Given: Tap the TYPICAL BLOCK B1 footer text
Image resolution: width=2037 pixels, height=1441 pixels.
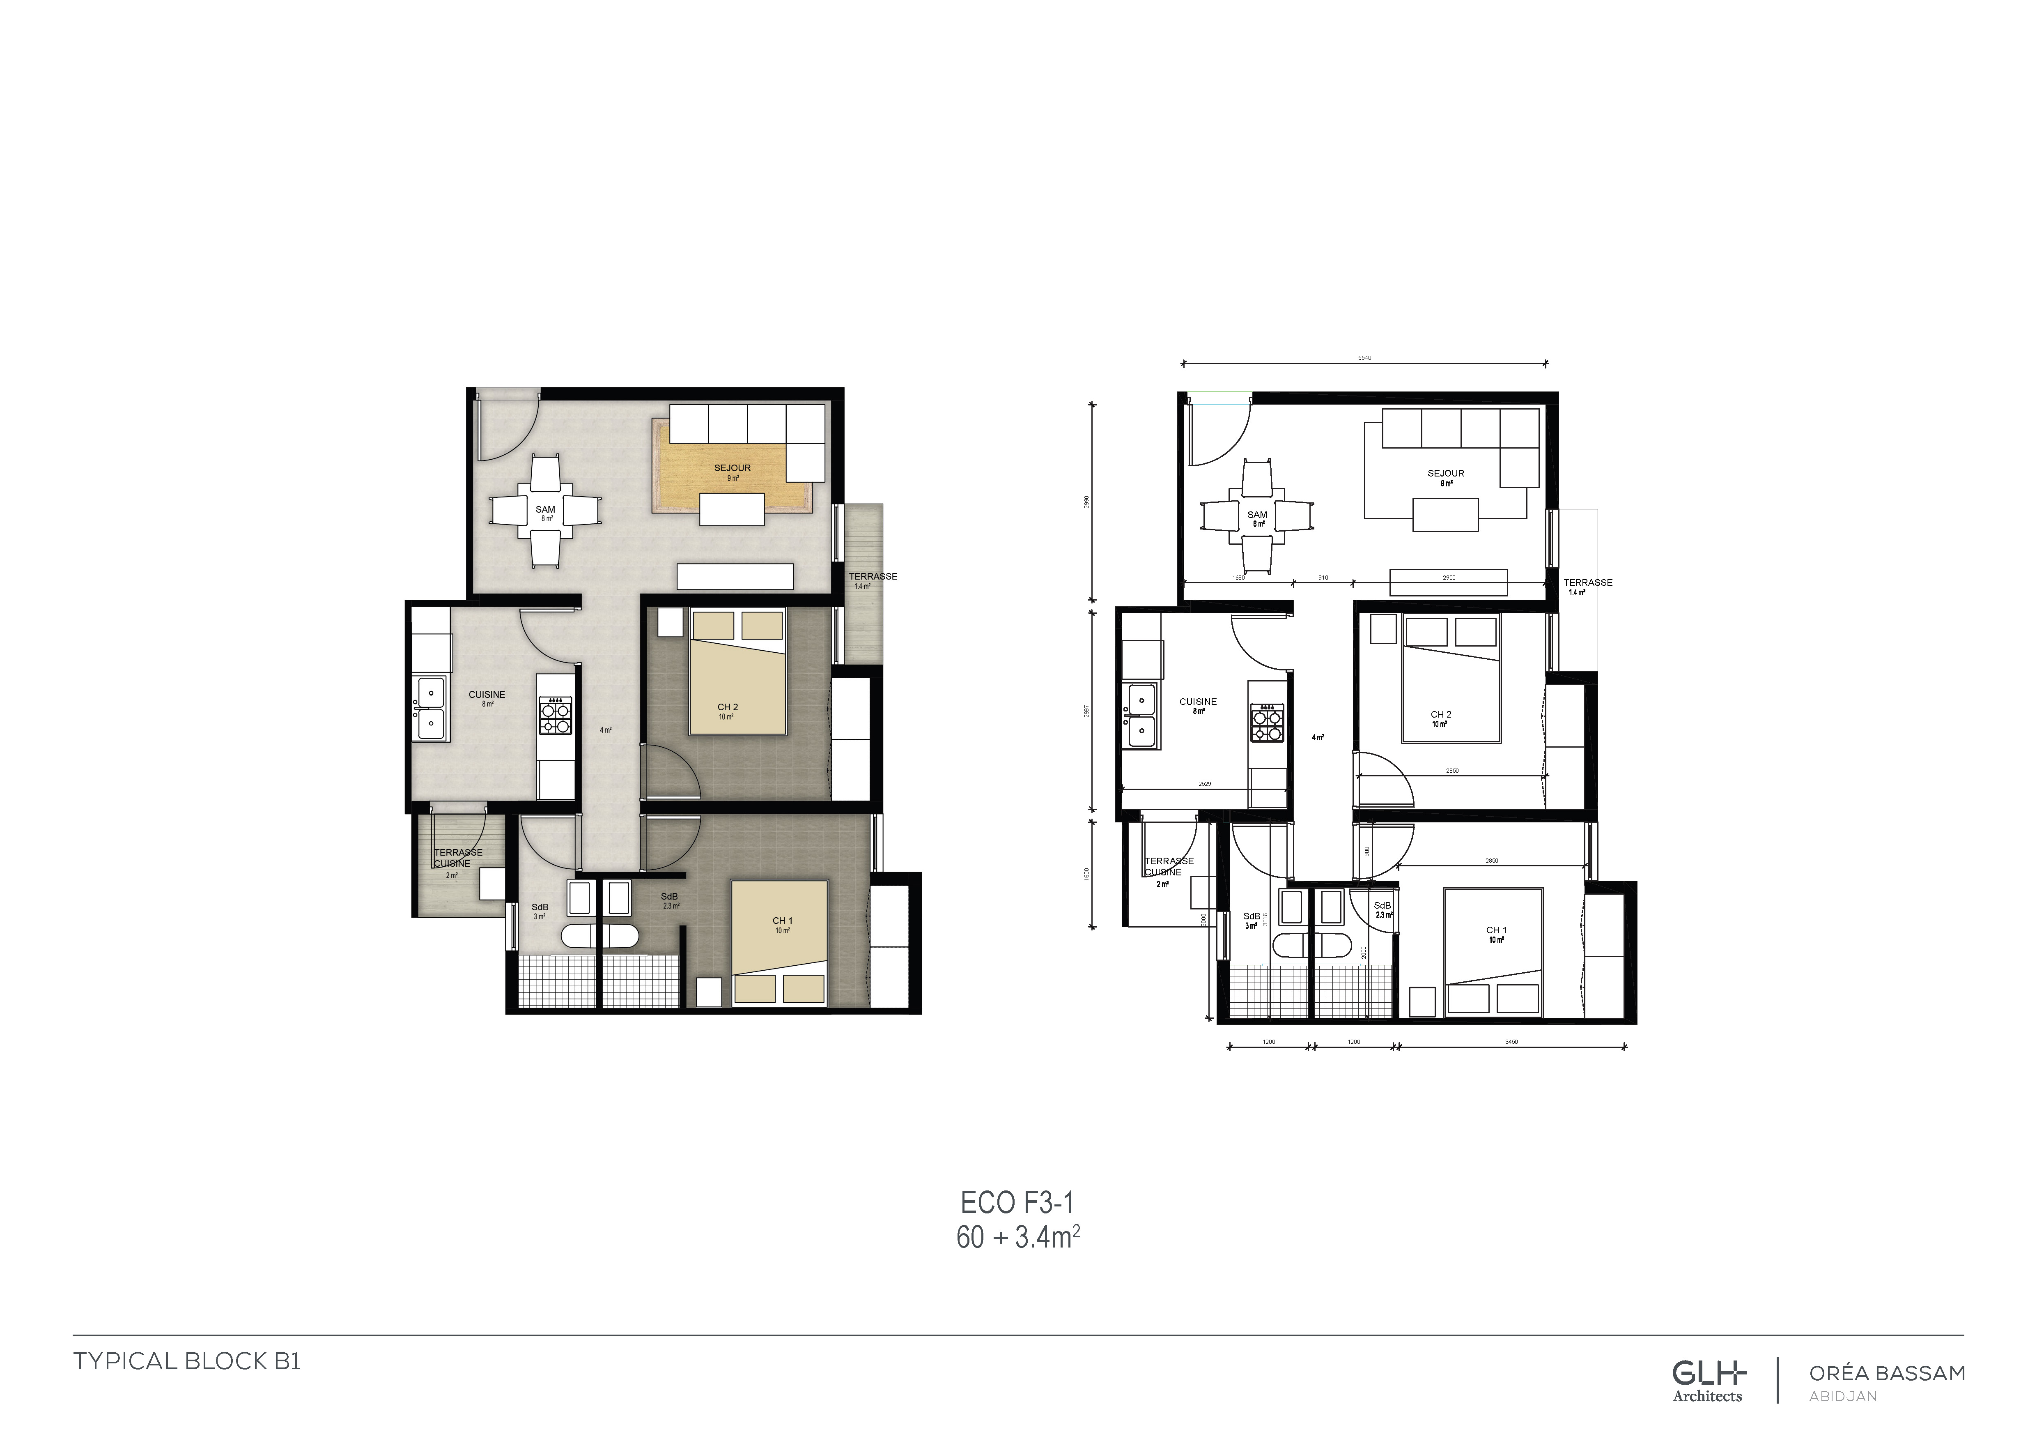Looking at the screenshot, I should click(187, 1361).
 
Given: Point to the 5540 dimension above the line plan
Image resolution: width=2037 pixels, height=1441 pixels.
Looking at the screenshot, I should click(1364, 358).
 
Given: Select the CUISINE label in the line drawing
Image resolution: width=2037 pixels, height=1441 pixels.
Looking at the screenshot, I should click(1198, 702).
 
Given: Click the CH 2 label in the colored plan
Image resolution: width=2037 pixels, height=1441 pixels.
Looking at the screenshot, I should click(728, 707).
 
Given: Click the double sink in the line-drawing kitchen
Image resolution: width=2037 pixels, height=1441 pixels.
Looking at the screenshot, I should click(1140, 715).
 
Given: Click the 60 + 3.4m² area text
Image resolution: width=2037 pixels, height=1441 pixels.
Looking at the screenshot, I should click(1017, 1237).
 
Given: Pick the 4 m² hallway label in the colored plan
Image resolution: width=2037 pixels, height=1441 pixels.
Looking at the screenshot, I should click(605, 730).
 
